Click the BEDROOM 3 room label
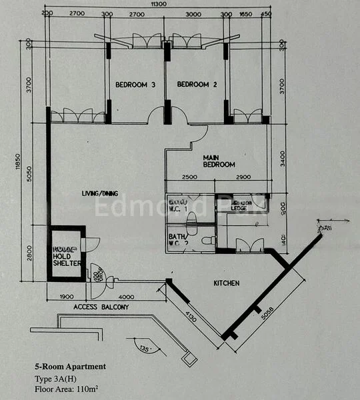(135, 85)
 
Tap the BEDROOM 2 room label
(197, 85)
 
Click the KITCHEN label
(226, 283)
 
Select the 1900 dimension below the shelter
(65, 297)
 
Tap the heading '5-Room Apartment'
(70, 367)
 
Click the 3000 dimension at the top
(193, 13)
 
